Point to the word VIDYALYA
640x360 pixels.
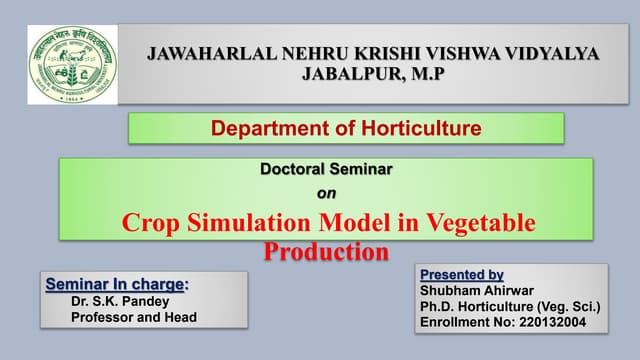(553, 55)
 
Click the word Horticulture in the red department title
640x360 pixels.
(411, 128)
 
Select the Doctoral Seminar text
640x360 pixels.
(326, 169)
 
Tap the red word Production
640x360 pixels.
(326, 250)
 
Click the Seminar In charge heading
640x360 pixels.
(117, 284)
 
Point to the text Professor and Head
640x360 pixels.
(134, 317)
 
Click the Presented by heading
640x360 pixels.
(461, 274)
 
